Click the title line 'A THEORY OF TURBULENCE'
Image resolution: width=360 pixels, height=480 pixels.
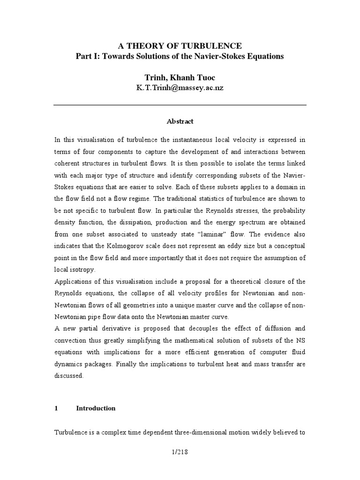tap(180, 45)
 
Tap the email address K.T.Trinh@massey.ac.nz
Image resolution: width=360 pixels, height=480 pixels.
tap(180, 88)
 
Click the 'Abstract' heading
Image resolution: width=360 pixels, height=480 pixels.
tap(180, 121)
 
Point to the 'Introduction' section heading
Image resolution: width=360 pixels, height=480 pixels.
tap(96, 408)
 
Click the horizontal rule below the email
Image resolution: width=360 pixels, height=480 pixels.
tap(180, 105)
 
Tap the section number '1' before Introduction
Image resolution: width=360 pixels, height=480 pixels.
tap(56, 408)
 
